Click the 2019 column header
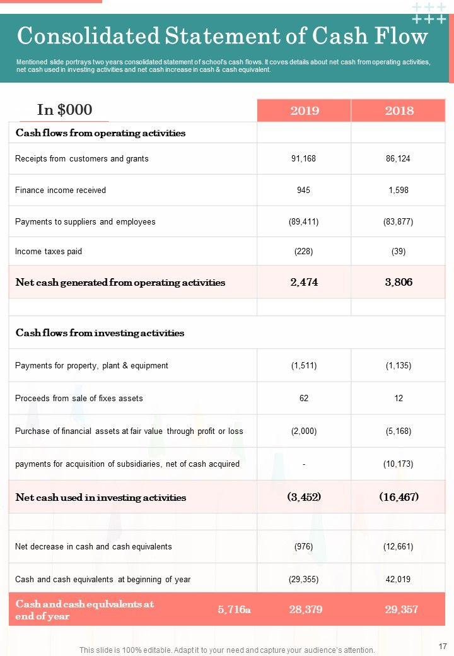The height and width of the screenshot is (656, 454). [x=304, y=110]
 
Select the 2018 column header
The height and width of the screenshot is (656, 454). [x=399, y=110]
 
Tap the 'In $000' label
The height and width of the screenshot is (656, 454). [x=64, y=110]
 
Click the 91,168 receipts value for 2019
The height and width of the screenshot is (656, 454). [x=303, y=158]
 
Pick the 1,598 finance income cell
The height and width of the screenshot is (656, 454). [x=398, y=190]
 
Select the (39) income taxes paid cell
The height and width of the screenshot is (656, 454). [x=398, y=251]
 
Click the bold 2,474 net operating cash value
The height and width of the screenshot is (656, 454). [x=304, y=282]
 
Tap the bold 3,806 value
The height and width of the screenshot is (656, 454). [x=399, y=282]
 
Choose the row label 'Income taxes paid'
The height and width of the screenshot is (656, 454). [x=49, y=251]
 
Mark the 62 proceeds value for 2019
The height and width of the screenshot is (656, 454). [x=303, y=398]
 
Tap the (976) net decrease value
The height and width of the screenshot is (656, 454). [x=303, y=546]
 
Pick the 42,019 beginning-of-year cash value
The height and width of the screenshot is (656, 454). [x=398, y=579]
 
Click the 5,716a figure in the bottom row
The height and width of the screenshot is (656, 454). [x=234, y=609]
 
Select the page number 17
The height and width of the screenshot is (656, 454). [x=441, y=646]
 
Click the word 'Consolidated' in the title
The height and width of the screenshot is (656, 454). [x=88, y=37]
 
